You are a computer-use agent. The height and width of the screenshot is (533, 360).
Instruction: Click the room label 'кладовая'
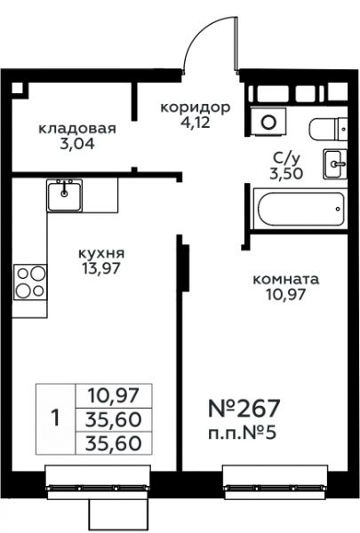tap(77, 129)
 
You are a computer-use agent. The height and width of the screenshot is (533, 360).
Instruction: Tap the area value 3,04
tap(77, 145)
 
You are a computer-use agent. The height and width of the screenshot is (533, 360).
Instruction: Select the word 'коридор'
tap(196, 108)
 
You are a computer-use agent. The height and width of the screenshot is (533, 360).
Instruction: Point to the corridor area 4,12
tap(196, 123)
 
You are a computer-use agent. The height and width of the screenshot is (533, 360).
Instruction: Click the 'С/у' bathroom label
tap(286, 158)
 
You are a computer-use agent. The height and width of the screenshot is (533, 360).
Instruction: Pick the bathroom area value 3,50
tap(286, 174)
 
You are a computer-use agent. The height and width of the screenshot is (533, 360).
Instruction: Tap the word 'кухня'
tap(101, 253)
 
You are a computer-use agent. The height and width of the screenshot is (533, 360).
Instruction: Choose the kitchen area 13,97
tap(101, 269)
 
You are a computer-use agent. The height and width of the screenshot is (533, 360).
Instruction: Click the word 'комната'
tap(286, 280)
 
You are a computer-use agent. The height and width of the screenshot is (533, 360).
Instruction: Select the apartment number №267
tap(244, 408)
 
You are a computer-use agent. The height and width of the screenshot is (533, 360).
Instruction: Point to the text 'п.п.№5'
tap(242, 434)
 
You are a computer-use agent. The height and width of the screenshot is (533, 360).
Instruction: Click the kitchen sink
tap(64, 195)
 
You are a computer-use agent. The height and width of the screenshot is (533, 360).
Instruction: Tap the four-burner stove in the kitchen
tap(30, 282)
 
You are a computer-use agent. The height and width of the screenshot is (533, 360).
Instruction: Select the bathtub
tap(300, 209)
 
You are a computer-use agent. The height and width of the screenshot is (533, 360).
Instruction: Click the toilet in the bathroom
tap(328, 129)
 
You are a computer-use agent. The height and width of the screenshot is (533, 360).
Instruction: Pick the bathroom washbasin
tap(335, 164)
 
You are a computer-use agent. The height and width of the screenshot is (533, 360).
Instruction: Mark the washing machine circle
tap(268, 122)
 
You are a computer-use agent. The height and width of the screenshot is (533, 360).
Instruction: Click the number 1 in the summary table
tap(55, 418)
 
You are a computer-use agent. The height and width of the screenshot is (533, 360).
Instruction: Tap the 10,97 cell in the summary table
tap(114, 395)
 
